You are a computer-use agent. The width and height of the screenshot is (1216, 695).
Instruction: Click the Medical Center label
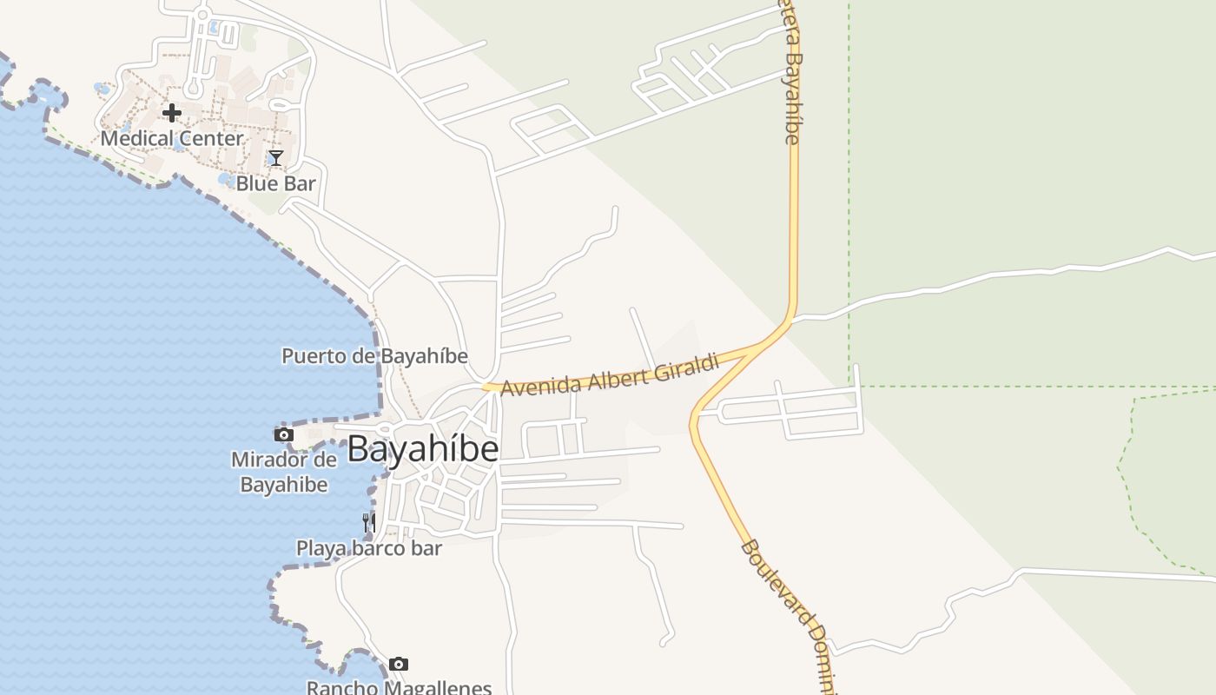[172, 138]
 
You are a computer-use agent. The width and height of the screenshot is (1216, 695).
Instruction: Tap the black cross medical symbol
[172, 112]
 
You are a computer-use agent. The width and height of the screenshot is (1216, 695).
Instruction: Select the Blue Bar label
[275, 183]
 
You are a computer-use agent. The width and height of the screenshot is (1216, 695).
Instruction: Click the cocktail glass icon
[275, 157]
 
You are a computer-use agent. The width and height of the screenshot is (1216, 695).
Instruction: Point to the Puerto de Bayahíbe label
[374, 356]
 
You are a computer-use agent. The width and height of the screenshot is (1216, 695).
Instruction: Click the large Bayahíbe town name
[423, 449]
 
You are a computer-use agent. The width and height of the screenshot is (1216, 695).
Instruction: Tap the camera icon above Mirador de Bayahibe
[283, 434]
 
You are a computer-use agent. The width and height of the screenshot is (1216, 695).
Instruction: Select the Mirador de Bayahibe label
[284, 472]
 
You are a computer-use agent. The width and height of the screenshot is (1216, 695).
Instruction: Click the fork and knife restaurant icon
[369, 522]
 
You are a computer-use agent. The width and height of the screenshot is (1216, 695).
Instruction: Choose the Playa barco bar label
[369, 548]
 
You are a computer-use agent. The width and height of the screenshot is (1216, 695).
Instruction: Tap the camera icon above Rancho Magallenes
[399, 665]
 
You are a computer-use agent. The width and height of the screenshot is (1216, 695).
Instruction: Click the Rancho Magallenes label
[399, 687]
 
